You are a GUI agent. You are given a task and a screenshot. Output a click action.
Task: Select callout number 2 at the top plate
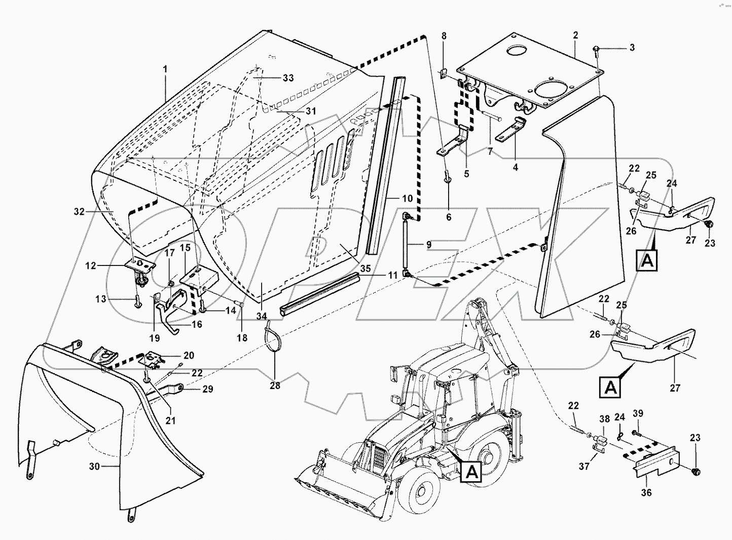click(x=575, y=35)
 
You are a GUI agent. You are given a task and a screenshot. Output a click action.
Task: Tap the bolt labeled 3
click(x=596, y=49)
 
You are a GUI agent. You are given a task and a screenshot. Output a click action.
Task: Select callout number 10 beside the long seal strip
click(x=408, y=199)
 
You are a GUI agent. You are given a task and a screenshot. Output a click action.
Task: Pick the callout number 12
click(x=90, y=265)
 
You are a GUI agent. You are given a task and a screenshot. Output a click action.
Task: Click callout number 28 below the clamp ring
click(x=275, y=385)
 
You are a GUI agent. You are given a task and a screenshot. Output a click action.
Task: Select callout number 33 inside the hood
click(x=288, y=78)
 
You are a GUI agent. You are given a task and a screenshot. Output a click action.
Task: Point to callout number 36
click(x=646, y=492)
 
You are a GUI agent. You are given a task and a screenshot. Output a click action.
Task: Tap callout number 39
click(x=638, y=413)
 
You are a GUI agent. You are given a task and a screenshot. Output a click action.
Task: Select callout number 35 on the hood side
click(x=365, y=267)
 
